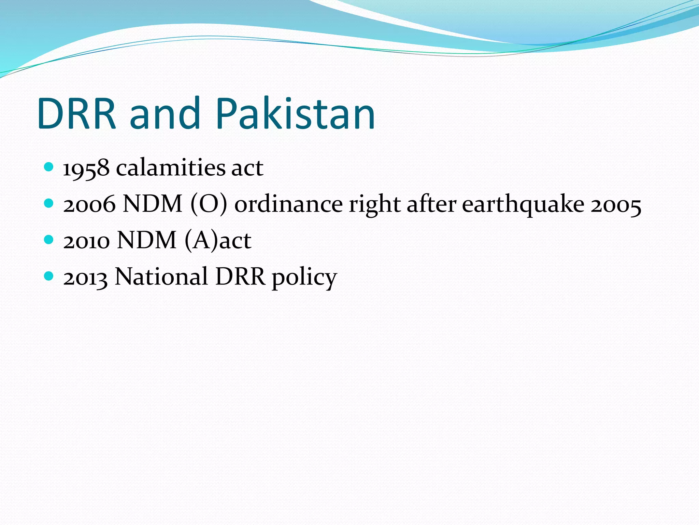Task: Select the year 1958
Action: [86, 168]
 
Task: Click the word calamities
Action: [170, 168]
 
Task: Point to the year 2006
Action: [89, 204]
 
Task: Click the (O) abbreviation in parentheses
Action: [209, 204]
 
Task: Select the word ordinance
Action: [288, 204]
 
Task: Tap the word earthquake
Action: [523, 204]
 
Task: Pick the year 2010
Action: [86, 241]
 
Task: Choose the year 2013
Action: [85, 277]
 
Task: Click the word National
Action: [161, 277]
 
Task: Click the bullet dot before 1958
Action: [49, 167]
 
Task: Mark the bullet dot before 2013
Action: [49, 276]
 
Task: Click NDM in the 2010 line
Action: [147, 241]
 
